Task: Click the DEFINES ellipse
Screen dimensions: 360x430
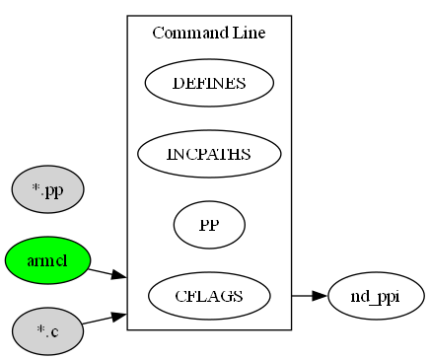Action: pyautogui.click(x=209, y=83)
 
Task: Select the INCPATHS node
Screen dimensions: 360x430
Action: pyautogui.click(x=209, y=154)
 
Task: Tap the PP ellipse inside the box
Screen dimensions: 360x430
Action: pyautogui.click(x=209, y=225)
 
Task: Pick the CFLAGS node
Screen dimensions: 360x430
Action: pyautogui.click(x=209, y=295)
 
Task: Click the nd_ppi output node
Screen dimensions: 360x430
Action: pyautogui.click(x=376, y=295)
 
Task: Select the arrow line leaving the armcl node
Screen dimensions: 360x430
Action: pyautogui.click(x=100, y=270)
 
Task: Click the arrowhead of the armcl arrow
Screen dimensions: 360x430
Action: pyautogui.click(x=118, y=275)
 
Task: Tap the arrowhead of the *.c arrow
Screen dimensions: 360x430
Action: pyautogui.click(x=118, y=316)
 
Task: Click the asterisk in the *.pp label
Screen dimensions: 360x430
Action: pyautogui.click(x=35, y=188)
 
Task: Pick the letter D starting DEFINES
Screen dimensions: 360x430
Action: pyautogui.click(x=178, y=83)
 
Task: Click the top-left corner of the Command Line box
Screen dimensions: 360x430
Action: pyautogui.click(x=127, y=16)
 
